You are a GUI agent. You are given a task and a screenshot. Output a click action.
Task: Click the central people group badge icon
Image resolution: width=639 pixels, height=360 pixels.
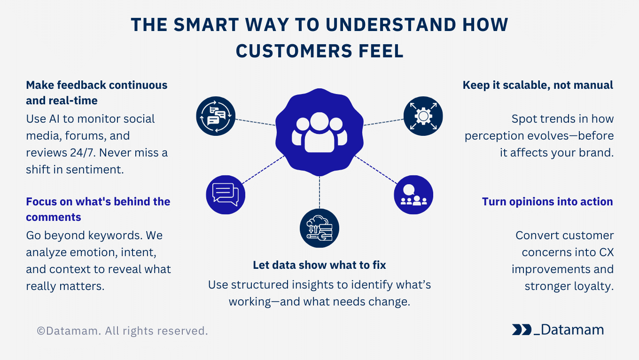(319, 132)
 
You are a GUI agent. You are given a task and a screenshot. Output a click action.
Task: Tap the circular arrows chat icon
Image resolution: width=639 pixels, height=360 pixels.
(216, 116)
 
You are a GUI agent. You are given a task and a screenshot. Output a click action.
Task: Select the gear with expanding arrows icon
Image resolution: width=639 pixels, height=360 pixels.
(423, 116)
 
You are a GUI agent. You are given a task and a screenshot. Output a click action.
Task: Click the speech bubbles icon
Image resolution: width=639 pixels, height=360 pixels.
(226, 194)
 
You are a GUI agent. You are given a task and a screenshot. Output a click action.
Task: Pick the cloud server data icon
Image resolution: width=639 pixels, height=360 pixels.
(319, 229)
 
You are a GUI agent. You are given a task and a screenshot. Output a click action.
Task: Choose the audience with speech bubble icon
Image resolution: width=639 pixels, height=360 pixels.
(413, 194)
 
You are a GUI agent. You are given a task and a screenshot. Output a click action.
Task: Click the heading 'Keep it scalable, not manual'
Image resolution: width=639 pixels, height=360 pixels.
(538, 85)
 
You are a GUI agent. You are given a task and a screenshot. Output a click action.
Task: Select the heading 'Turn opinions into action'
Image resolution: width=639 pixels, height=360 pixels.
(547, 202)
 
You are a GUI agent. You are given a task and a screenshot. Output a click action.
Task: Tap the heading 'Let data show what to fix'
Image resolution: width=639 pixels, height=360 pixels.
(319, 265)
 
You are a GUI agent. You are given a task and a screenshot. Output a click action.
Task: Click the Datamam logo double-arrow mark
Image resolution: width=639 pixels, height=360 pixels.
(522, 330)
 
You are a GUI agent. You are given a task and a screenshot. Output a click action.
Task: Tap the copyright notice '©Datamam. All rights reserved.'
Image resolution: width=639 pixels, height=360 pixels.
(122, 331)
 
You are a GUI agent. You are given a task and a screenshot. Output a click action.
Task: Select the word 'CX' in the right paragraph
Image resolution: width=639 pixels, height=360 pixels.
(606, 252)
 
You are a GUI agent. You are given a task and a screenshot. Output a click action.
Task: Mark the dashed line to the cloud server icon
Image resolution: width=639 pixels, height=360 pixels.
(319, 193)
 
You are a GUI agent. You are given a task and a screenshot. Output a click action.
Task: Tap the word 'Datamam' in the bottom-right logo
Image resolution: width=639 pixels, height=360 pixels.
(572, 330)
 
